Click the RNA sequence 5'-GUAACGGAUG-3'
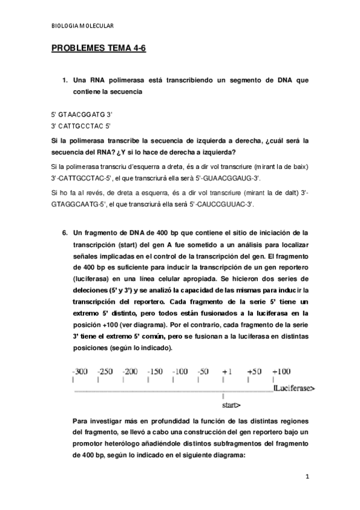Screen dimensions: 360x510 230,179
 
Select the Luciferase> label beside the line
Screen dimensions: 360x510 294,389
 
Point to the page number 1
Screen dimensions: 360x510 307,477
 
